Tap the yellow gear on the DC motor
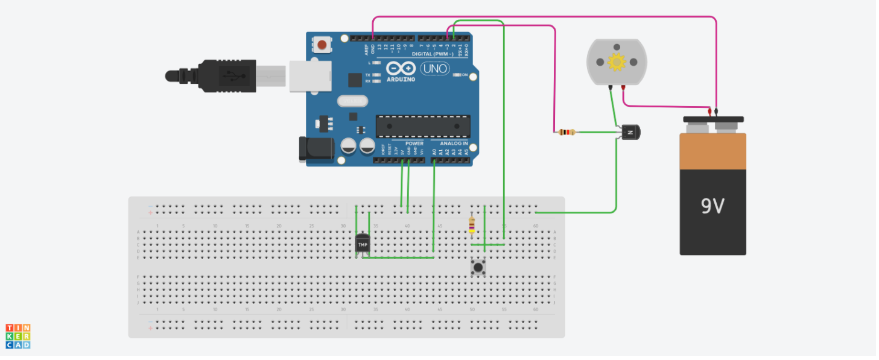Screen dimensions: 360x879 coord(617,62)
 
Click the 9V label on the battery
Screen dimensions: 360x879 coord(712,207)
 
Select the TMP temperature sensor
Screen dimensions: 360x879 coord(363,244)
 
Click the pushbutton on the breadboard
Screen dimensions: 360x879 coord(478,267)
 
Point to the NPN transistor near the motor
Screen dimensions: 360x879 coord(629,131)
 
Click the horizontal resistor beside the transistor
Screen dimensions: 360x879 coord(566,131)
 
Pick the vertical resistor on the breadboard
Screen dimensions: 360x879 coord(472,226)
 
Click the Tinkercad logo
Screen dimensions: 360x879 coord(18,336)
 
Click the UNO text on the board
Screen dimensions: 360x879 coord(434,69)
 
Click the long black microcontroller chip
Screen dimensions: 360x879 coord(423,125)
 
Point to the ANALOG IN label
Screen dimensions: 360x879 coord(454,144)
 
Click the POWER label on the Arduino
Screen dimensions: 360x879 coord(414,144)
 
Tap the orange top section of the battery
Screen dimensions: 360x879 coord(712,151)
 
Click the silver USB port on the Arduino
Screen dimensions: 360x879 coord(310,76)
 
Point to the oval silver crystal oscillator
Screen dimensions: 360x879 coord(352,101)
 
